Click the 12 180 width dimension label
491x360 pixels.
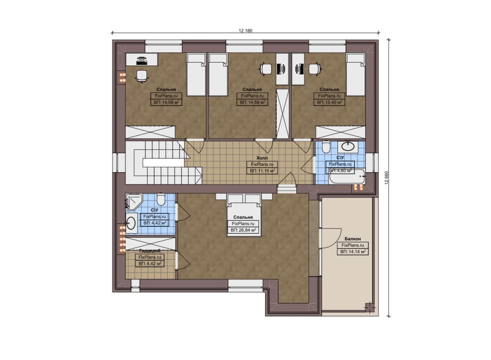click(x=245, y=31)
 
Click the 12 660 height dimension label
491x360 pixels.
click(x=386, y=178)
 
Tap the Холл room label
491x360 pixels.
click(x=262, y=158)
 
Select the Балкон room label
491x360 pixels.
click(x=353, y=239)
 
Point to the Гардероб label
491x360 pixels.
click(x=150, y=251)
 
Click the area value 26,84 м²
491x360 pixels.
click(x=244, y=230)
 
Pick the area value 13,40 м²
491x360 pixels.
click(x=330, y=102)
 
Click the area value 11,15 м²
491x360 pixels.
click(x=262, y=171)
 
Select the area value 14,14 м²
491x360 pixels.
click(x=353, y=252)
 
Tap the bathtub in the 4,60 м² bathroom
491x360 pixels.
click(x=347, y=177)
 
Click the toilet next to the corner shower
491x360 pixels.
click(x=161, y=199)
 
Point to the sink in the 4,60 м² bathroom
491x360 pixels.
click(x=348, y=146)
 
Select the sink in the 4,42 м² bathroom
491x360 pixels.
click(x=131, y=223)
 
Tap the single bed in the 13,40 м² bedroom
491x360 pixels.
click(x=356, y=75)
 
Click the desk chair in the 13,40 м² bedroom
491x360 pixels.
click(x=315, y=69)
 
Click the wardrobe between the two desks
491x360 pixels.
click(x=283, y=114)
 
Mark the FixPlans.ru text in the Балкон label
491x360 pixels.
click(x=353, y=245)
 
